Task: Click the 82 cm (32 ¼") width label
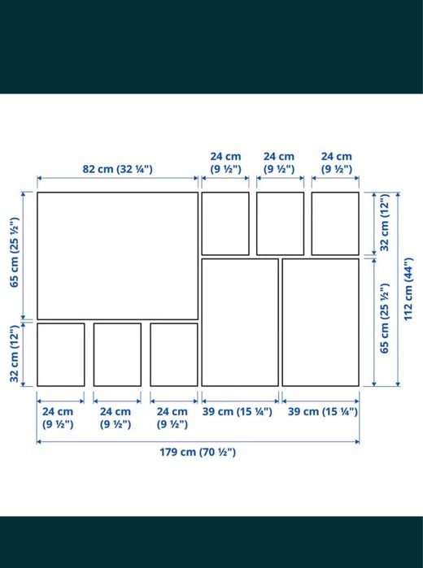tap(117, 169)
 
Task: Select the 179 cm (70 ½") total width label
tap(198, 453)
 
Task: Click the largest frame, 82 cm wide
tap(117, 255)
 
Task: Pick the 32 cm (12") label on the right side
tap(385, 223)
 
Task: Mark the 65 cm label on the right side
tap(385, 322)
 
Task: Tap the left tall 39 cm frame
tap(240, 322)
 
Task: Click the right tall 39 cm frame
tap(321, 322)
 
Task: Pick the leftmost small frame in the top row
tap(225, 223)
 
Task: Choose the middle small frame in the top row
tap(281, 223)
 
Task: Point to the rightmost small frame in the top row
tap(335, 223)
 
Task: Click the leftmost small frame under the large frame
tap(61, 354)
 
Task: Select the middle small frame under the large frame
tap(117, 354)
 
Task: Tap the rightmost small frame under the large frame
tap(174, 354)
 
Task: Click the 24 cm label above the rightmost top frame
tap(336, 163)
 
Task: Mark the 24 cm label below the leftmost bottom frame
tap(59, 418)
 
